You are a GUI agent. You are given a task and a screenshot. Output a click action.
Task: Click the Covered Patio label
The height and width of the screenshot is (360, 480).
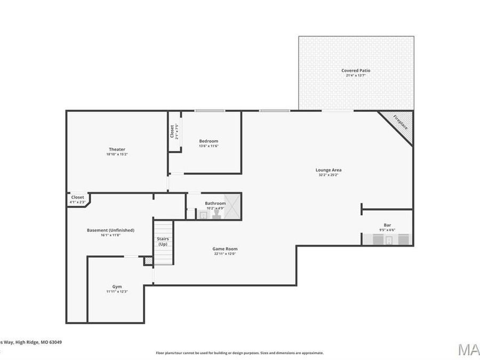[x=356, y=70]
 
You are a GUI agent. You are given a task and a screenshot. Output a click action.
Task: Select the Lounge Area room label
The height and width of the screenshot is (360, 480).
[x=329, y=170]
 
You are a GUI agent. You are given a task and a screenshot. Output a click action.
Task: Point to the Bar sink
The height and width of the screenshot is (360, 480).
[x=389, y=240]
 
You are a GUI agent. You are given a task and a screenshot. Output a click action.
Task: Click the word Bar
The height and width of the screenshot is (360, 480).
[x=387, y=225]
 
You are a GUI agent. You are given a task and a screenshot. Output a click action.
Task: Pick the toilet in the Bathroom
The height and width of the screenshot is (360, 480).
[x=217, y=214]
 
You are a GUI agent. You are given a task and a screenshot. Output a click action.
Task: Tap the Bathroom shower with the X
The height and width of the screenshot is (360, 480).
[x=233, y=206]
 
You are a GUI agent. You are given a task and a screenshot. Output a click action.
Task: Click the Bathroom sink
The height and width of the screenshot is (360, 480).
[x=203, y=215]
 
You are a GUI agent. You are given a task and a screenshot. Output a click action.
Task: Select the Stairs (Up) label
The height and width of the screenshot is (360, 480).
[x=163, y=241]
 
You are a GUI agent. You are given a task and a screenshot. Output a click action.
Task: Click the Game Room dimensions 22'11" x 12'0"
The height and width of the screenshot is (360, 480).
[x=225, y=254]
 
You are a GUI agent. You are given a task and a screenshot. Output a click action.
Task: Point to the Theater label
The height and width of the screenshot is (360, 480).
[x=117, y=149]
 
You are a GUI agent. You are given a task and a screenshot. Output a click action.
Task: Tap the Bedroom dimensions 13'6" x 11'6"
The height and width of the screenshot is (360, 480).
[x=209, y=146]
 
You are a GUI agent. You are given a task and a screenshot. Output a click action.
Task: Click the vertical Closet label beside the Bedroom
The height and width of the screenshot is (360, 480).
[x=172, y=131]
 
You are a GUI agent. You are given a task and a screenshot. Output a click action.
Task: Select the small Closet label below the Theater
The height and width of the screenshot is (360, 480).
[x=77, y=197]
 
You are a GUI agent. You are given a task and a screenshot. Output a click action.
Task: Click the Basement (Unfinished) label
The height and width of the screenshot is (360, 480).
[x=110, y=230]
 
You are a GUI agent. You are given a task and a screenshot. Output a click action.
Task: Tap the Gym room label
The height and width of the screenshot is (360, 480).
[x=117, y=286]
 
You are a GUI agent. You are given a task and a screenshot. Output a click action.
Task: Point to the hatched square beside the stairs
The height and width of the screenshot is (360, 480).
[x=148, y=261]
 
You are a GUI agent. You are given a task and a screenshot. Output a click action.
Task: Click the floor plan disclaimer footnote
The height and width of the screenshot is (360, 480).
[x=239, y=353]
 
